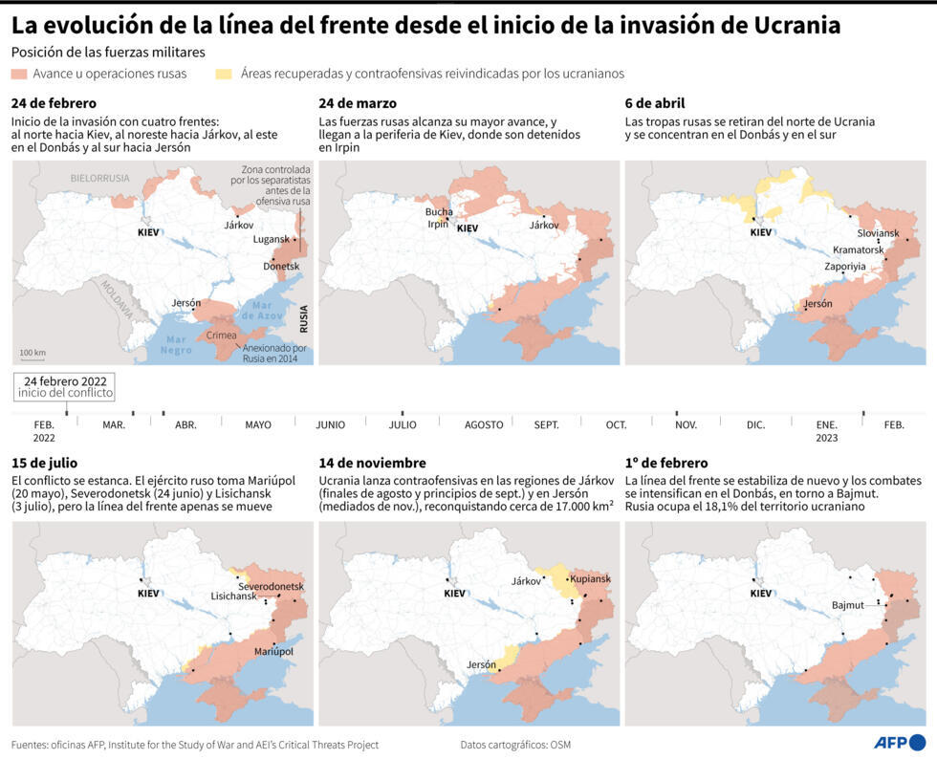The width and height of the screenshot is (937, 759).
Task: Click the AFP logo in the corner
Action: click(x=899, y=742)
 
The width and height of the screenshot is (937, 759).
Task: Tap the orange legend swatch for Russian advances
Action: click(x=19, y=74)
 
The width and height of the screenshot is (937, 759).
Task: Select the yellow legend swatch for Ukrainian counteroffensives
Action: click(x=225, y=74)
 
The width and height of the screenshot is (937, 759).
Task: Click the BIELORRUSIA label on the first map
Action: click(x=99, y=179)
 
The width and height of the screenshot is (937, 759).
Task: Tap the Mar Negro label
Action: click(x=177, y=344)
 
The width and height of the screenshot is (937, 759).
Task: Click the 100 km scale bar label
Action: click(x=33, y=353)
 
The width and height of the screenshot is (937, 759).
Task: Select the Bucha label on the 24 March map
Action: click(x=439, y=212)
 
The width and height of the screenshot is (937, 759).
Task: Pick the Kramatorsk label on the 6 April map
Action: click(x=859, y=249)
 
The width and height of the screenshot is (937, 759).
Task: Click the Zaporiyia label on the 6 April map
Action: click(x=845, y=267)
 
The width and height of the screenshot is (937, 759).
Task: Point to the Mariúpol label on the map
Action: click(x=273, y=651)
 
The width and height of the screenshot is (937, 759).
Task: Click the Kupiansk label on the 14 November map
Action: click(x=590, y=579)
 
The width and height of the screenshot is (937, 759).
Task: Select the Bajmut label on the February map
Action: click(x=847, y=605)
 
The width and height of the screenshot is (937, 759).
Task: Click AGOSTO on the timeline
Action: click(x=484, y=424)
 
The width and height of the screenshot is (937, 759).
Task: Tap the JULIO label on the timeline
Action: click(x=403, y=424)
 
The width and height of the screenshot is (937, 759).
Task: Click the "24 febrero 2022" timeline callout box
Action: click(x=65, y=386)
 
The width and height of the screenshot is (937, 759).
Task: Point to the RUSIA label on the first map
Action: click(x=304, y=316)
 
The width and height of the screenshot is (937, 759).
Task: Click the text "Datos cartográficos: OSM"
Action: click(x=515, y=745)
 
